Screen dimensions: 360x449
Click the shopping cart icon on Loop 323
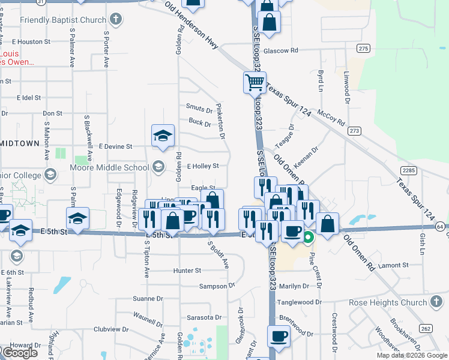click(x=255, y=82)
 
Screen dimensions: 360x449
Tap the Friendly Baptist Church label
click(x=63, y=20)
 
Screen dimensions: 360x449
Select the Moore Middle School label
click(x=110, y=167)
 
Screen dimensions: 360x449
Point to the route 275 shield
click(x=363, y=48)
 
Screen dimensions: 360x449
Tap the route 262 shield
click(x=426, y=328)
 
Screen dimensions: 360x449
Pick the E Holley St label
click(x=203, y=166)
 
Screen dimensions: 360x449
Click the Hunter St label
click(x=187, y=271)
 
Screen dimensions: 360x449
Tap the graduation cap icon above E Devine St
click(x=163, y=136)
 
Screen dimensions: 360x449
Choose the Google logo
click(x=20, y=353)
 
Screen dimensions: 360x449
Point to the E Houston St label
click(x=31, y=42)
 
